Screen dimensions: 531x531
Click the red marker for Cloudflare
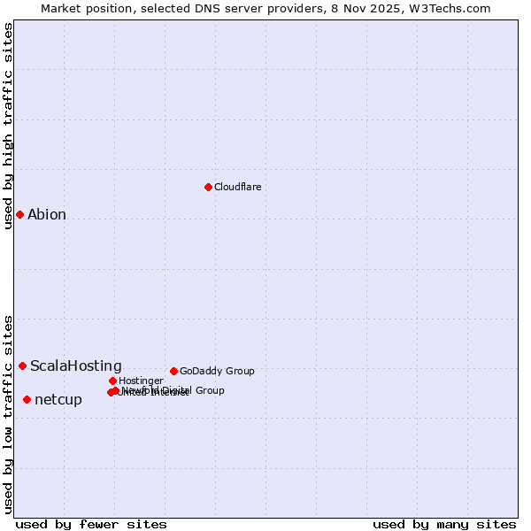click(208, 187)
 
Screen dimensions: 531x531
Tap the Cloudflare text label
click(237, 188)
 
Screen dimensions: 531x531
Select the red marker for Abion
click(19, 214)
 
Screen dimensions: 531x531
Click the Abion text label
click(47, 215)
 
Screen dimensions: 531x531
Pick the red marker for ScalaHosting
click(22, 366)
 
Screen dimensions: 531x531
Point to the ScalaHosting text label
click(76, 366)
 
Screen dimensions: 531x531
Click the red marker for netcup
click(27, 399)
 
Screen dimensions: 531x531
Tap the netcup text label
click(58, 400)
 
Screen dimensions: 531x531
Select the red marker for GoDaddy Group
click(173, 371)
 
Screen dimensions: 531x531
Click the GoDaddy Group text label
click(217, 372)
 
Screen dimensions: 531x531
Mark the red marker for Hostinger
click(112, 381)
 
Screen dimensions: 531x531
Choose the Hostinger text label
click(142, 381)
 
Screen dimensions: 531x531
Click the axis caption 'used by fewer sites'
click(91, 524)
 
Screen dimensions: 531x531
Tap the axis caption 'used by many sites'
click(444, 524)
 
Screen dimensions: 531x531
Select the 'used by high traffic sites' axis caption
click(9, 126)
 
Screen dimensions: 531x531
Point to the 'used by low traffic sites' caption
click(9, 414)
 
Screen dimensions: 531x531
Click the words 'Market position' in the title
click(83, 8)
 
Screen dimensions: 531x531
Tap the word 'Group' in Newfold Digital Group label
click(209, 390)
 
